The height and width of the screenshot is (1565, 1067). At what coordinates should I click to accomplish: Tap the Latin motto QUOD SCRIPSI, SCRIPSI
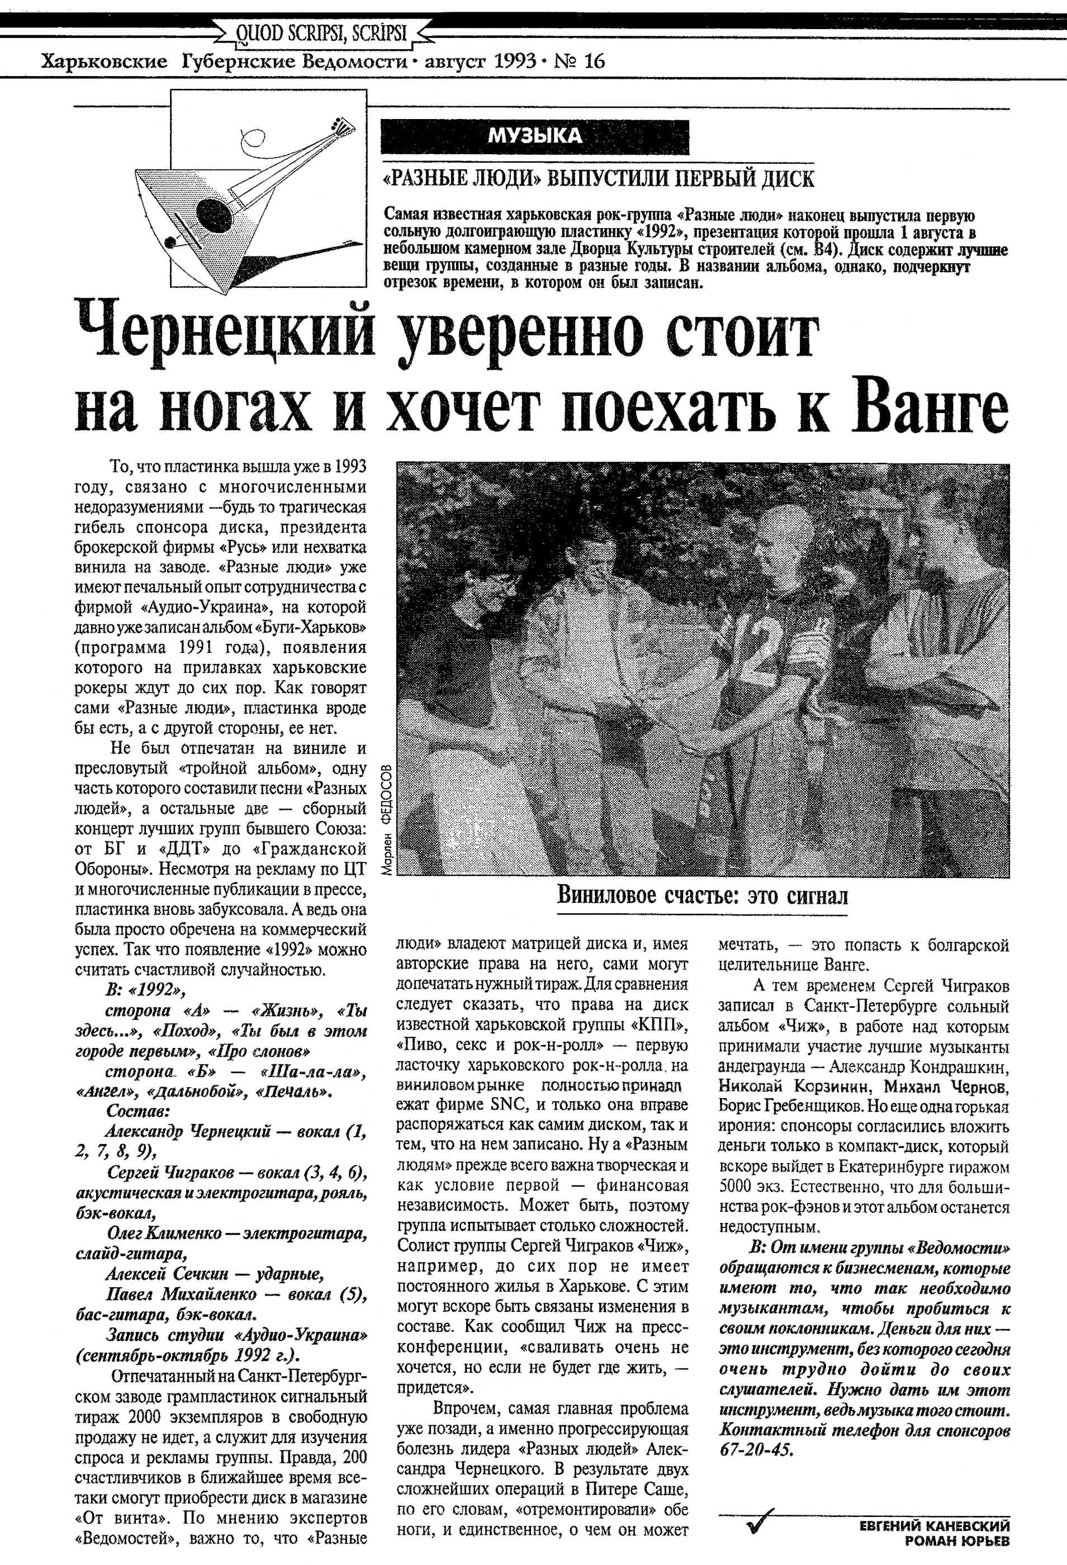322,32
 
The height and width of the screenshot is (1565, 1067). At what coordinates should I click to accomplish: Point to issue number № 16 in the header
579,62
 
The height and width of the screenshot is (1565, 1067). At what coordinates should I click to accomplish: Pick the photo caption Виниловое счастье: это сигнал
703,895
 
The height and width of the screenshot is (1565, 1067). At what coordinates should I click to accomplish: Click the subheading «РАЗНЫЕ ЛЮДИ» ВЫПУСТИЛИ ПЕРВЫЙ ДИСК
598,179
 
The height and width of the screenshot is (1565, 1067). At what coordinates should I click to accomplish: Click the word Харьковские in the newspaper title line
105,62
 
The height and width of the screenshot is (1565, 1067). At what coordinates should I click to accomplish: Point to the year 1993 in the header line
514,62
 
